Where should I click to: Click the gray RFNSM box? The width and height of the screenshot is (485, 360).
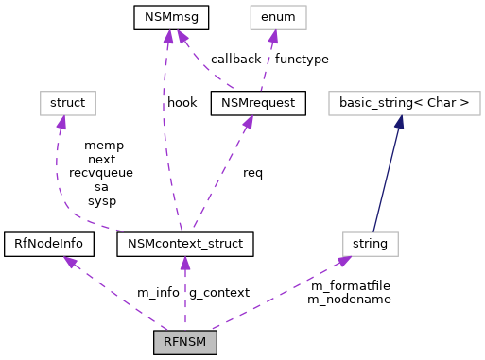[x=185, y=342]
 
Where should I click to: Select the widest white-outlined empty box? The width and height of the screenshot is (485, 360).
[x=404, y=103]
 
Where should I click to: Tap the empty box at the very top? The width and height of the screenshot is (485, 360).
[x=278, y=17]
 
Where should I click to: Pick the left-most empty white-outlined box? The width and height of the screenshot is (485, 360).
[x=68, y=103]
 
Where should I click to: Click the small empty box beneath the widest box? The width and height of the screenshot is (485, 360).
[x=371, y=244]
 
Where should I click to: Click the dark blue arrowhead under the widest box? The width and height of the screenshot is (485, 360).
[x=400, y=122]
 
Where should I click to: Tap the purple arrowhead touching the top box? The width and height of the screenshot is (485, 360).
[x=273, y=37]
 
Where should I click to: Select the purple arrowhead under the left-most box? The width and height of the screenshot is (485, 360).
[x=61, y=123]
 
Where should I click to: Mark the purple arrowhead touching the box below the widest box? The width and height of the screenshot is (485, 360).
[x=344, y=261]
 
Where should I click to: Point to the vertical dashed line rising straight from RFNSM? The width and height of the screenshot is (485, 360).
[x=185, y=298]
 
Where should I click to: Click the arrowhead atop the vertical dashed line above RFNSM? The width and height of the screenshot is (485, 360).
[x=185, y=263]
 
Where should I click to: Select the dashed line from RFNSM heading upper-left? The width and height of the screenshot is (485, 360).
[x=118, y=295]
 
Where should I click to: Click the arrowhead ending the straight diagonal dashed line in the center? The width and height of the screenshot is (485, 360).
[x=248, y=122]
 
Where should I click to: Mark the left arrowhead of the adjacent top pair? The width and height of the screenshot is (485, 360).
[x=168, y=37]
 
